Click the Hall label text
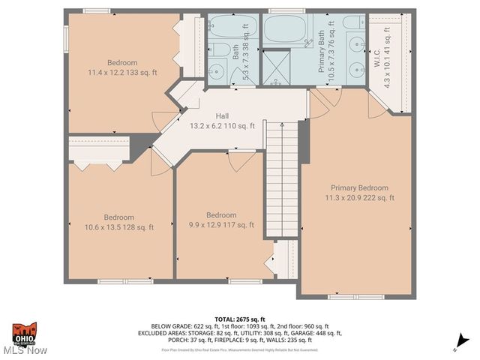(222, 116)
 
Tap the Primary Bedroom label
(359, 187)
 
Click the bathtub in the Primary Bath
(285, 30)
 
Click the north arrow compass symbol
(457, 346)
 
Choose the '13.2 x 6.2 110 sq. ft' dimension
(222, 126)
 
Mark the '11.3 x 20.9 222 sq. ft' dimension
(359, 198)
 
